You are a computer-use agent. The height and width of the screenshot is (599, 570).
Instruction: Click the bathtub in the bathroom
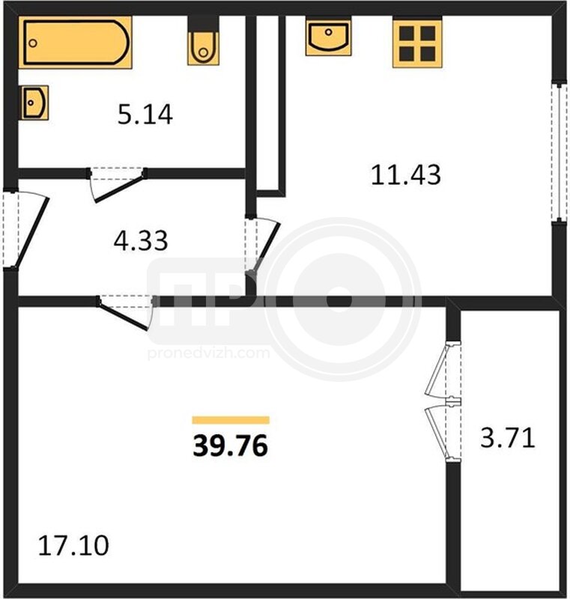tap(75, 43)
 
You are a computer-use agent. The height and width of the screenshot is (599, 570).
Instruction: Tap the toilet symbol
tap(203, 43)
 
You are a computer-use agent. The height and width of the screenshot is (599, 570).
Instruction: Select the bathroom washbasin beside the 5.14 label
tap(34, 103)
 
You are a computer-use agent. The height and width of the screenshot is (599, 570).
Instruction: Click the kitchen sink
tap(328, 36)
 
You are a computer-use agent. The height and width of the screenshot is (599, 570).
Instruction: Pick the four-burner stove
tap(417, 43)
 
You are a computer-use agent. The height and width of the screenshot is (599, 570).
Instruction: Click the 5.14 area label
tap(145, 115)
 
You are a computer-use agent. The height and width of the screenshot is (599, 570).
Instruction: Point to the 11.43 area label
tap(406, 174)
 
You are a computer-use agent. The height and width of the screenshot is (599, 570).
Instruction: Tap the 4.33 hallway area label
tap(141, 240)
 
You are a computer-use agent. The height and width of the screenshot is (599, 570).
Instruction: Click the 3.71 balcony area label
tap(507, 438)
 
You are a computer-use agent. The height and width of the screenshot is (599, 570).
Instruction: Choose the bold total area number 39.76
tap(231, 446)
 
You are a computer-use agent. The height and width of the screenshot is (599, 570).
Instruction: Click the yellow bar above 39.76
tap(231, 420)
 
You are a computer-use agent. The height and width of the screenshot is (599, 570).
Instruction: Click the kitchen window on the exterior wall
tap(560, 151)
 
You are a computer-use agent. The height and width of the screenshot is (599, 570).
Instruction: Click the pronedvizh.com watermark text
tap(208, 353)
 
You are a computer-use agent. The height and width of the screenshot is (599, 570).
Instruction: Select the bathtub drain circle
tap(33, 43)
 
